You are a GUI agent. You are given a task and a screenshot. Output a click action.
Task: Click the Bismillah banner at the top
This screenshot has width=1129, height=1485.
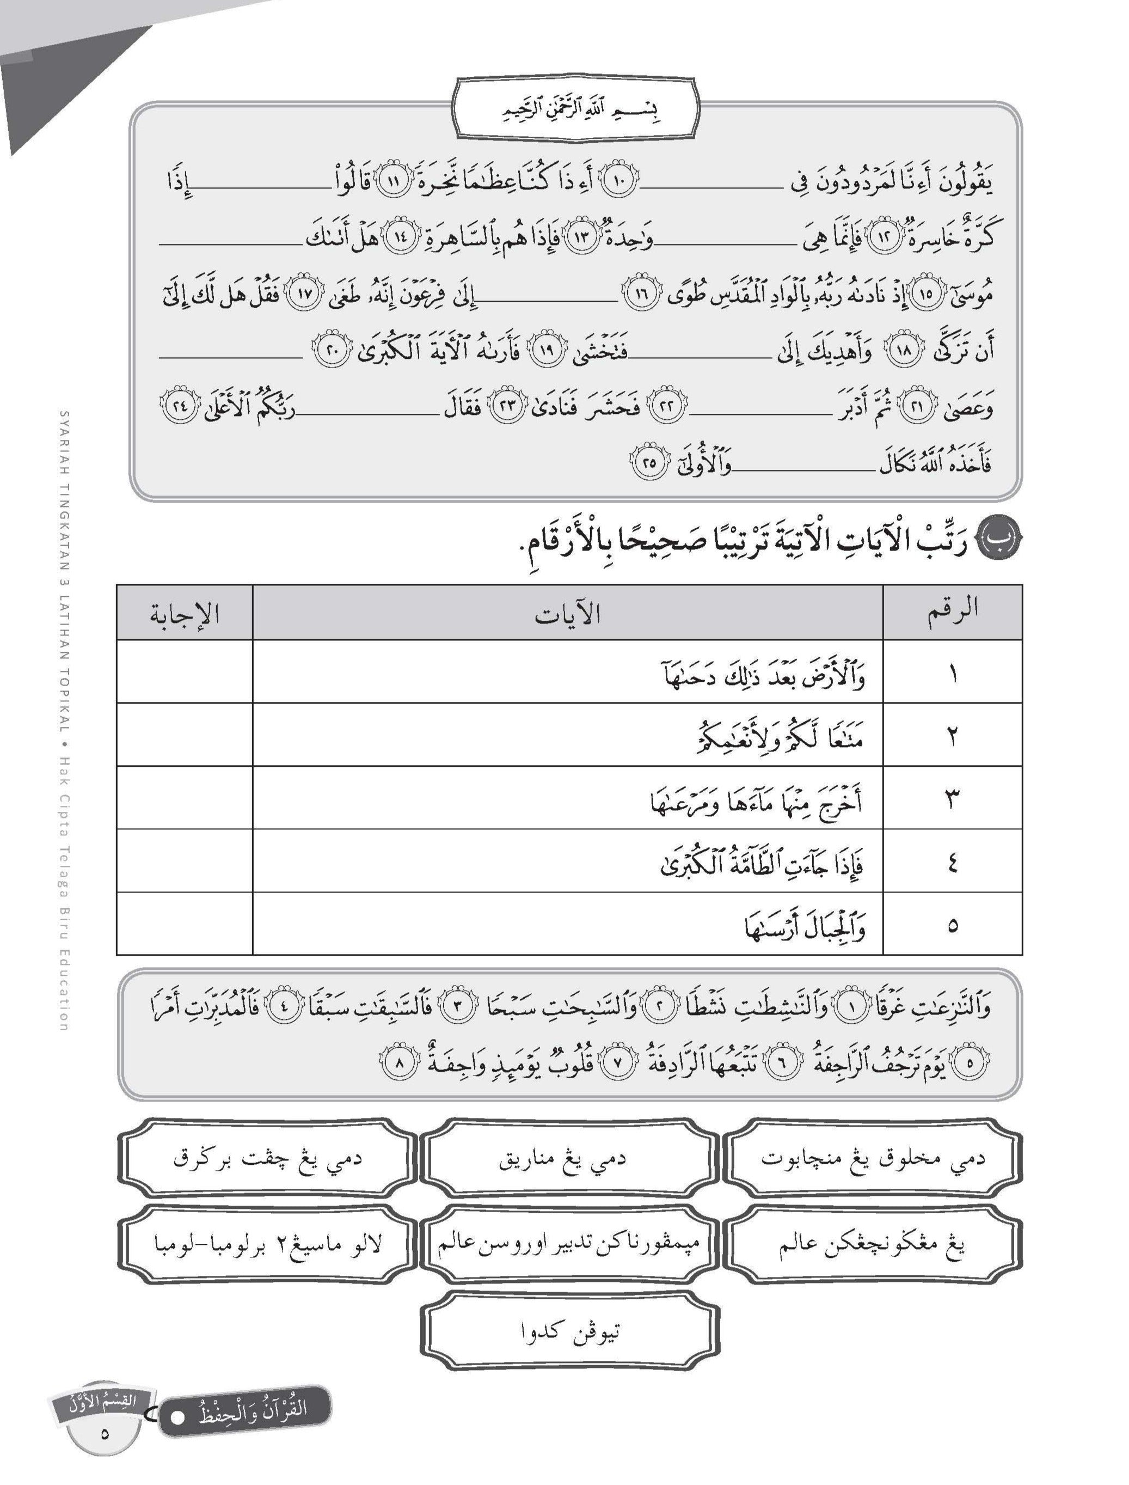pos(576,110)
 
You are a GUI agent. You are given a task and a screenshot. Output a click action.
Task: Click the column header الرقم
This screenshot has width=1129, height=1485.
pos(952,612)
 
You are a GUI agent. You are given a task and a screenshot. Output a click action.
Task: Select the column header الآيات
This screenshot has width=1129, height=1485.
pos(567,613)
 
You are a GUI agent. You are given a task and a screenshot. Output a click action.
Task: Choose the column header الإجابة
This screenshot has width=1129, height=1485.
pos(185,613)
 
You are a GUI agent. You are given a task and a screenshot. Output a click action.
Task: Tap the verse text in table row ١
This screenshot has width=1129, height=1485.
pos(763,674)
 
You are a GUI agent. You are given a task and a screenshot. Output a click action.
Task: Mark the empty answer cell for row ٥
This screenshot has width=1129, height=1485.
pos(185,924)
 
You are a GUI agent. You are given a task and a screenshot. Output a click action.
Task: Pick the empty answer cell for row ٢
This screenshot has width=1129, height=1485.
pos(185,735)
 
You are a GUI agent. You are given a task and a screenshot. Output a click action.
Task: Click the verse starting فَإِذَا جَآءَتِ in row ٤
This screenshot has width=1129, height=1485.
pos(762,862)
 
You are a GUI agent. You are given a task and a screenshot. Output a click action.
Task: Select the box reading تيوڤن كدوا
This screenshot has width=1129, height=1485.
pos(570,1330)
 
